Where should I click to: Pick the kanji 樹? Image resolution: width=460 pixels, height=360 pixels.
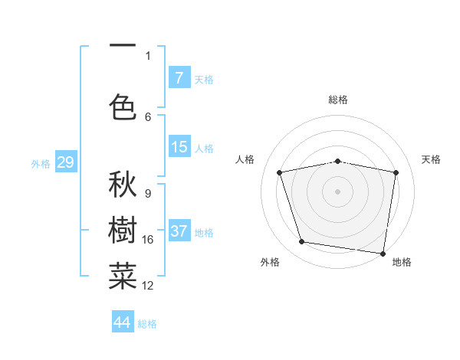[x=123, y=232]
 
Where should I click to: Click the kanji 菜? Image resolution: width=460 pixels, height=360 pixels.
[x=123, y=277]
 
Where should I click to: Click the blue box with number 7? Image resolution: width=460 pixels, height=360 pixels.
[x=179, y=78]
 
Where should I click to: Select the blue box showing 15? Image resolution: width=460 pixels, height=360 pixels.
[x=179, y=147]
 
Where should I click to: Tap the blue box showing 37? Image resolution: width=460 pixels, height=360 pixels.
[x=179, y=231]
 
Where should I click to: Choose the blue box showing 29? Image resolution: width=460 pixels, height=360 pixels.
[x=65, y=162]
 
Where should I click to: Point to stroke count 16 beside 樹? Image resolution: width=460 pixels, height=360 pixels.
[x=148, y=240]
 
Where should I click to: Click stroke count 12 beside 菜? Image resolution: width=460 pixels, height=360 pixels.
[x=148, y=286]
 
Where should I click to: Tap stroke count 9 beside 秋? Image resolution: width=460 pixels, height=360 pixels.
[x=147, y=194]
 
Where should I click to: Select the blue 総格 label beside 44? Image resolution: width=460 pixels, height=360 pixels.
[x=147, y=324]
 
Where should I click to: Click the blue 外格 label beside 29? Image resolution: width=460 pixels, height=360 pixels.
[x=41, y=163]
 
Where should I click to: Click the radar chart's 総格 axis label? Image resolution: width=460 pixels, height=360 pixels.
[x=338, y=100]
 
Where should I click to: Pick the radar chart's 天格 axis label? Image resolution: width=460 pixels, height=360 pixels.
[x=432, y=159]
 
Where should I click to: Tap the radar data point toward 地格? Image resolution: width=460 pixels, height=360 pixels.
[x=383, y=253]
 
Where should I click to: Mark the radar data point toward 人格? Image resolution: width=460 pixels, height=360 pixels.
[x=280, y=172]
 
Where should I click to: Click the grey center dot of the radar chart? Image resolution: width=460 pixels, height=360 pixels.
[x=338, y=191]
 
